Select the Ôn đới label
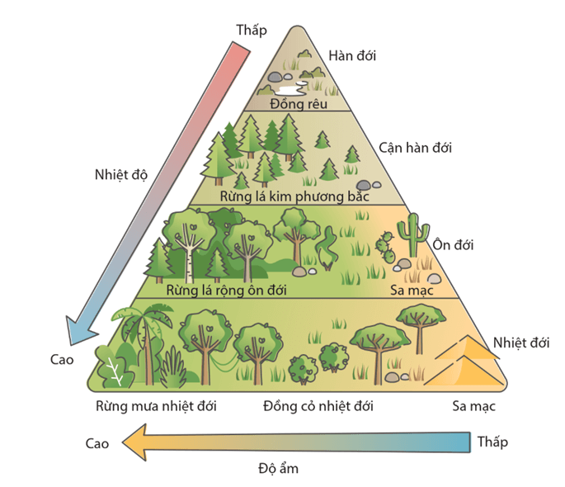pos(452,245)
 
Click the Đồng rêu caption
pos(298,104)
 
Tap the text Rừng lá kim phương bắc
pos(294,196)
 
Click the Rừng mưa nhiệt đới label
pos(155,406)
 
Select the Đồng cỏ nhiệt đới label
pos(318,406)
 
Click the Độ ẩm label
pos(278,469)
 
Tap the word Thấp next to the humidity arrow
pos(492,442)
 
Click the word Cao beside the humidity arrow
pos(97,443)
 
